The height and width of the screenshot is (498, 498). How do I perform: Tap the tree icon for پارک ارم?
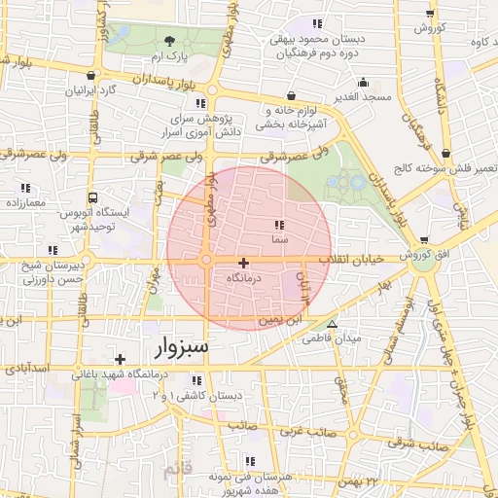171,41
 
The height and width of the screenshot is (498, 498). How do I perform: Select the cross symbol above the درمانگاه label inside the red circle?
243,263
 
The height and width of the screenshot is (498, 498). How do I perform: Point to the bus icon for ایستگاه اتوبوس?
92,196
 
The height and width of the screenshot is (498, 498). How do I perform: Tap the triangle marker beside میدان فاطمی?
333,325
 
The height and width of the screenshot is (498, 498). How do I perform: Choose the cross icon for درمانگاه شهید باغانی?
120,359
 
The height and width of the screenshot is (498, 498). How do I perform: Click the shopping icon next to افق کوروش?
424,240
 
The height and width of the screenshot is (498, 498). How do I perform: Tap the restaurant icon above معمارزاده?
24,188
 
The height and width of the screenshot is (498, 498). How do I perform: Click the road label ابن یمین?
279,319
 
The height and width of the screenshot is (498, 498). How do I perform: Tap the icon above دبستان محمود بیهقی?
316,23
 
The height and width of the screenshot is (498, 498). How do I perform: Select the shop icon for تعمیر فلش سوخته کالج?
445,153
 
